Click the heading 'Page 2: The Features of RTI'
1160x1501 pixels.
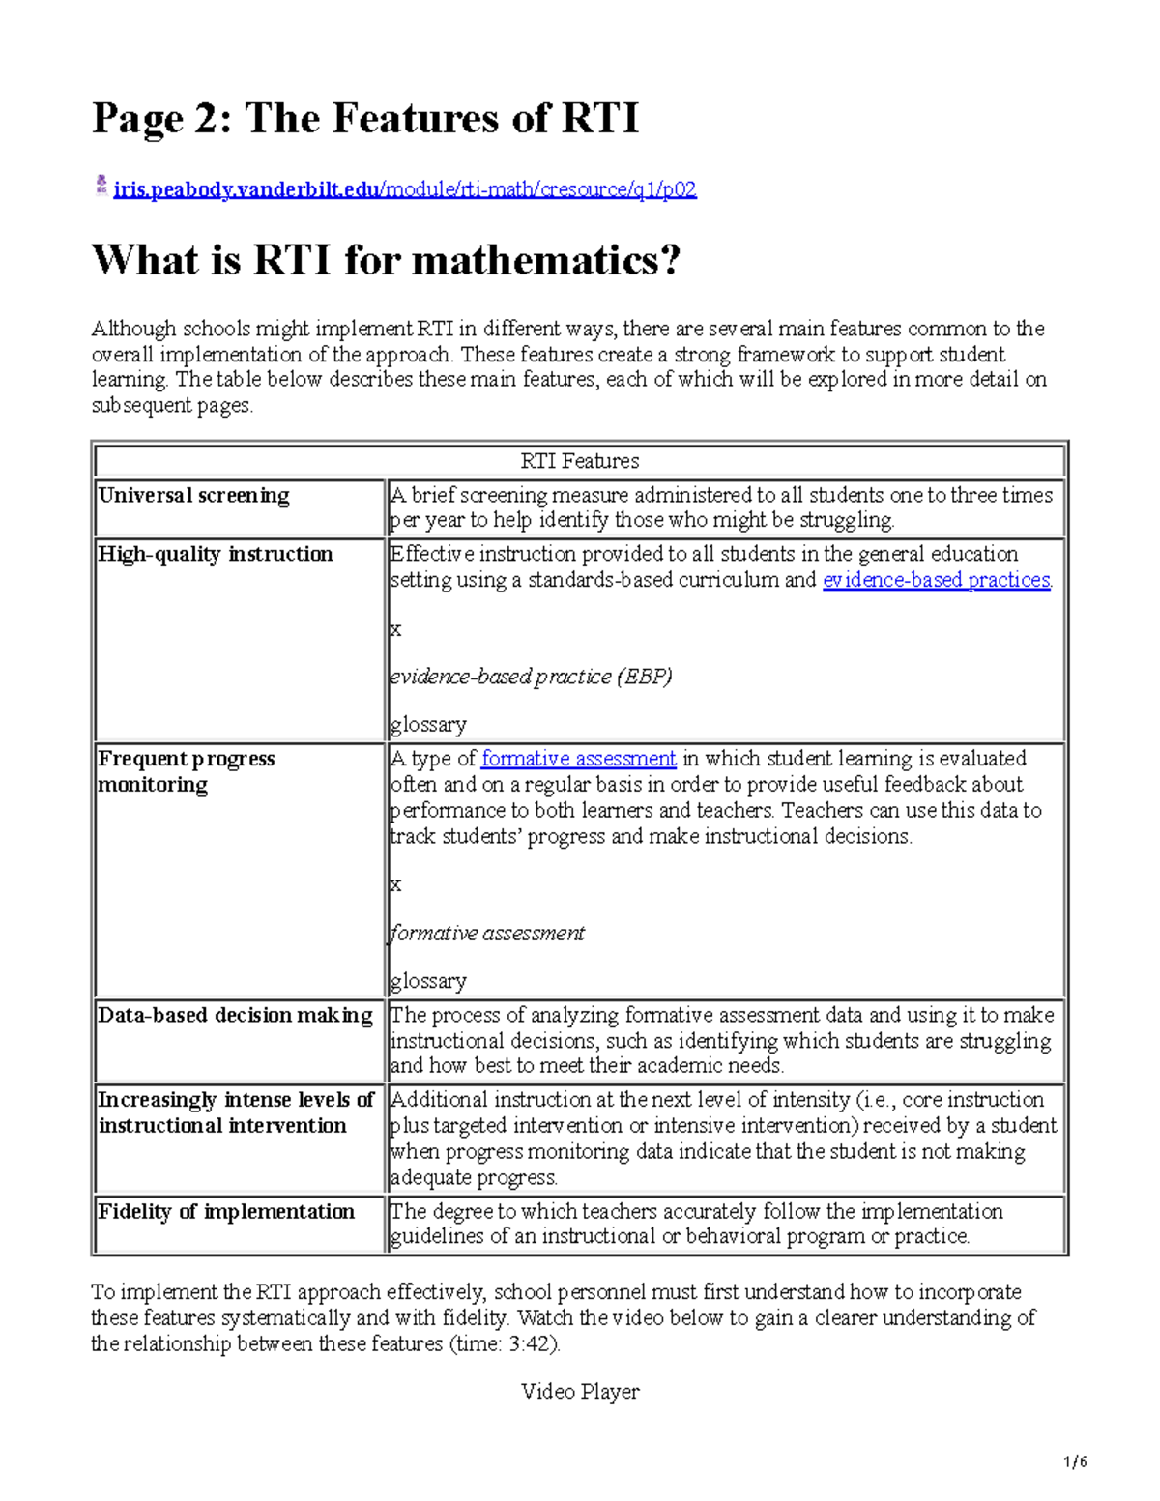(x=364, y=119)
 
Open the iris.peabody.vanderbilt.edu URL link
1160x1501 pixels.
(x=404, y=189)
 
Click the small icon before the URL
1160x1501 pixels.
(x=101, y=186)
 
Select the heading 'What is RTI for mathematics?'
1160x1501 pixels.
(x=386, y=260)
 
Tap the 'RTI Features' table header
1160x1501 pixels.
(x=579, y=461)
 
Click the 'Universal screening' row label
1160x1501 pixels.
(x=193, y=496)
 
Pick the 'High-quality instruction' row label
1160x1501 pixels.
(x=215, y=554)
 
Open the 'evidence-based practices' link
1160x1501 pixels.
(x=936, y=580)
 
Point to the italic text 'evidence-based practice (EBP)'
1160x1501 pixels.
(x=531, y=677)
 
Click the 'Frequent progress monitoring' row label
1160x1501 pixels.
(x=186, y=771)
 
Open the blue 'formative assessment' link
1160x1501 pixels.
(x=578, y=759)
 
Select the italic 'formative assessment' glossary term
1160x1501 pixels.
(x=487, y=934)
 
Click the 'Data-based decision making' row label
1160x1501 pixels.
(x=235, y=1015)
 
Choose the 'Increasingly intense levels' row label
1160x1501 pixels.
(x=235, y=1112)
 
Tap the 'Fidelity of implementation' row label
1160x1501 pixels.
(x=226, y=1211)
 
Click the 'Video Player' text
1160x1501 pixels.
(x=580, y=1392)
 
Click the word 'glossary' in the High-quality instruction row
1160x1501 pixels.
(x=428, y=725)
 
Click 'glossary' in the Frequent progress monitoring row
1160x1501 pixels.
(x=428, y=981)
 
